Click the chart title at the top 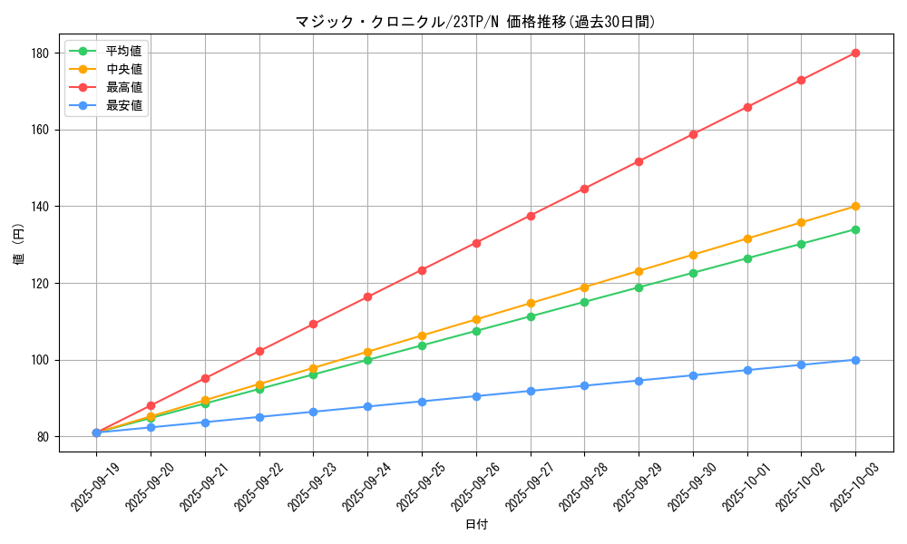(x=474, y=22)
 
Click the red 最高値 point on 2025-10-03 (x=855, y=53)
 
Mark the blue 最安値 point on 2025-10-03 (x=855, y=360)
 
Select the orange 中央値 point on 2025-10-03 (x=855, y=207)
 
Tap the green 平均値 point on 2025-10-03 (x=855, y=229)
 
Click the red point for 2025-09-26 (x=476, y=243)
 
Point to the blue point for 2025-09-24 (x=367, y=406)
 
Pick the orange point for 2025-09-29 (x=639, y=271)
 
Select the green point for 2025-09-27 (x=531, y=316)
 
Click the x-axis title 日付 (x=476, y=525)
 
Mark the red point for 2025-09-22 (x=259, y=351)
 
